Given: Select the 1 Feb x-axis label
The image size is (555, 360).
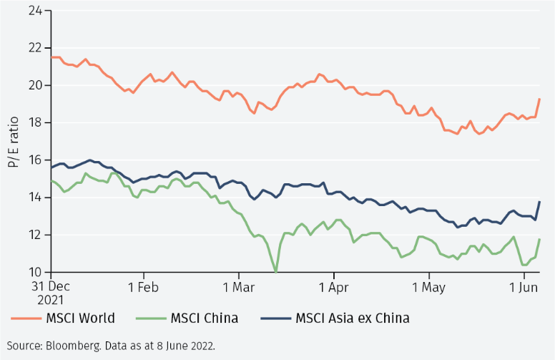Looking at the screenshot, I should click(143, 285).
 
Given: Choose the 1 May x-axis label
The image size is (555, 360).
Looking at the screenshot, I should click(428, 285).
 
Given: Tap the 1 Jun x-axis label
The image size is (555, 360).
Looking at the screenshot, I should click(524, 285).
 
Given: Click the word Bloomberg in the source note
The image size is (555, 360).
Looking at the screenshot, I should click(68, 345).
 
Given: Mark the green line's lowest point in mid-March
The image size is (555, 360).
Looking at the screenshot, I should click(276, 271).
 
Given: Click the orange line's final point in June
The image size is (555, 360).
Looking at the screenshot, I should click(539, 99).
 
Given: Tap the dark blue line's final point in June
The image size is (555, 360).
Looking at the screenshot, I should click(539, 202).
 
